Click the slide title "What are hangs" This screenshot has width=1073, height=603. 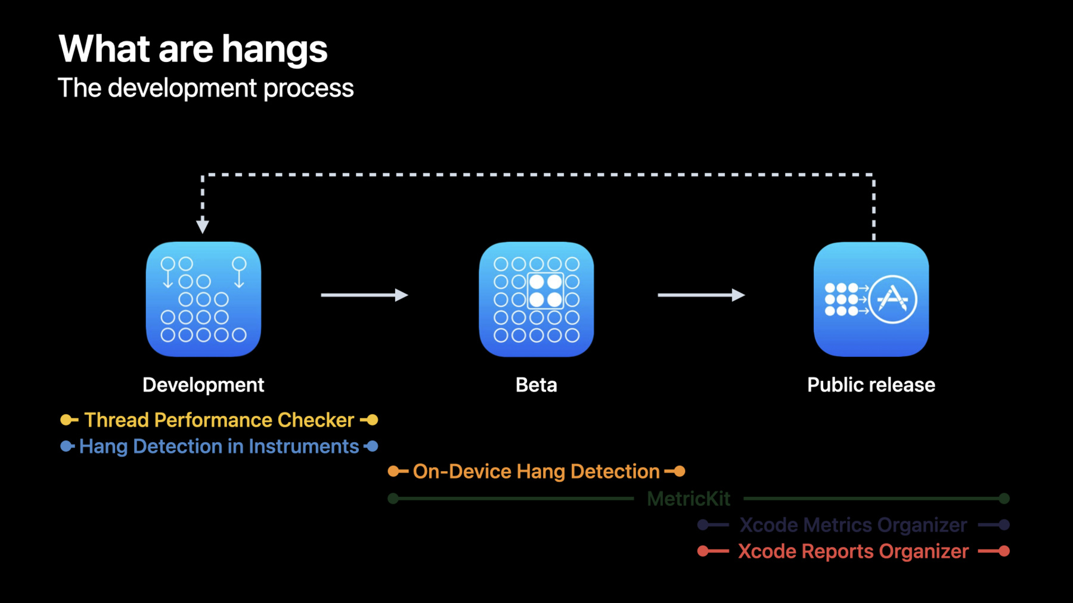click(x=193, y=49)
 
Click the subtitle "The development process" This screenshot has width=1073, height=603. click(x=206, y=88)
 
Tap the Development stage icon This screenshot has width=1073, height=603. click(x=203, y=299)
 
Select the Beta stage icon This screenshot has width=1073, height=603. click(x=536, y=299)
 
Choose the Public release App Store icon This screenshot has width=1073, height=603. click(x=871, y=299)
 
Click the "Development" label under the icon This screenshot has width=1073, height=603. click(x=203, y=385)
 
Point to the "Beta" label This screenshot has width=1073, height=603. click(x=536, y=385)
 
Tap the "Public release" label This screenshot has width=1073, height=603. click(x=871, y=385)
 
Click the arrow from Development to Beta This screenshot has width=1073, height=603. click(x=364, y=295)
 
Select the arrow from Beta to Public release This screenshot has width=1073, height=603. click(x=701, y=295)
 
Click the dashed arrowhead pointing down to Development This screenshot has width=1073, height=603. click(x=203, y=226)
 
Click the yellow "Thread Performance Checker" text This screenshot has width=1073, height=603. click(x=219, y=420)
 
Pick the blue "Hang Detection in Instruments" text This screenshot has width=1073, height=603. click(x=219, y=446)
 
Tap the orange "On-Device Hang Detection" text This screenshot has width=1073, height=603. click(x=536, y=472)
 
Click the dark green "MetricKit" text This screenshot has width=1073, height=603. click(x=689, y=499)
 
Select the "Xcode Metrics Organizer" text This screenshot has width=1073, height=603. click(x=853, y=525)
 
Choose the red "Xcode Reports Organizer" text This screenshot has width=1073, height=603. click(x=853, y=551)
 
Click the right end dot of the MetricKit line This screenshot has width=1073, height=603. click(x=1004, y=499)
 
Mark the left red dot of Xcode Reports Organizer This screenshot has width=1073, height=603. click(x=703, y=551)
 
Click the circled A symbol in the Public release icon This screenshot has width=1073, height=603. click(x=892, y=299)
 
